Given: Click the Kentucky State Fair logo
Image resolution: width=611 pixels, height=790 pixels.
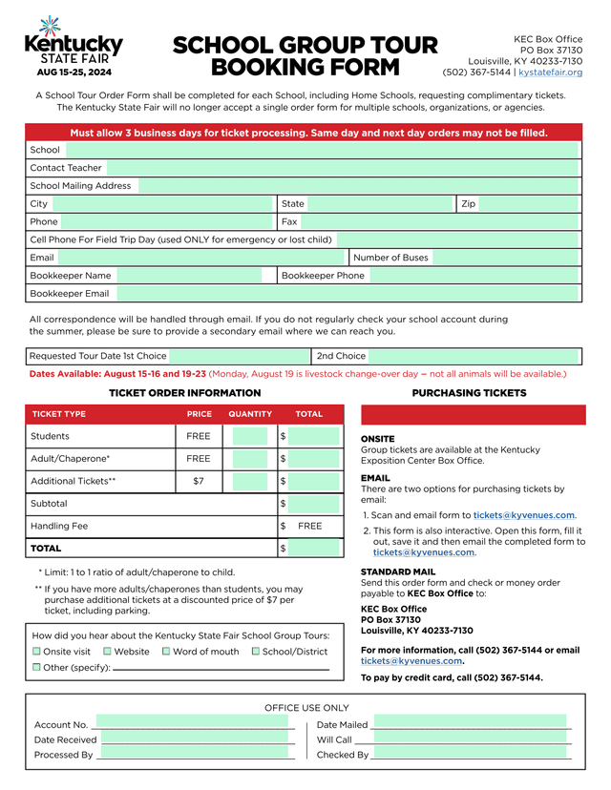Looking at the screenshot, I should [73, 47].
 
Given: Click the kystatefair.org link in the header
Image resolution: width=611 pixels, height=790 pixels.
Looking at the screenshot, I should [550, 73].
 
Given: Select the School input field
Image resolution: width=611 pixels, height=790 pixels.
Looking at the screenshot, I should [322, 150].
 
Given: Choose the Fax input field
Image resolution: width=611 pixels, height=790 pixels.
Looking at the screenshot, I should [440, 222].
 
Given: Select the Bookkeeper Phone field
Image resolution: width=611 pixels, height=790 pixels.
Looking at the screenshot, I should [474, 276].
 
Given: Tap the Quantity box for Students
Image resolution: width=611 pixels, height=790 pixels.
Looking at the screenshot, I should [250, 436].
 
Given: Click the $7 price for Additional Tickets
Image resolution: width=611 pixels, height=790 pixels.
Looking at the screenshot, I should [199, 481].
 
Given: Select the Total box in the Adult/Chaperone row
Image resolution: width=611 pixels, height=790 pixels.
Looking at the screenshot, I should [314, 459].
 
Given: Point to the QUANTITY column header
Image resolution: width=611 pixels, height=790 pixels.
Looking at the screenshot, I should [250, 414].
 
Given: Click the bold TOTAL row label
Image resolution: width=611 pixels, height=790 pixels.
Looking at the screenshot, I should [46, 549].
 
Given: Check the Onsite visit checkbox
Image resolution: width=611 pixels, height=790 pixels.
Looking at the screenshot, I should [36, 652].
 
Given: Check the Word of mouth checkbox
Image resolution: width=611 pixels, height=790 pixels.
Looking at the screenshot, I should [166, 652].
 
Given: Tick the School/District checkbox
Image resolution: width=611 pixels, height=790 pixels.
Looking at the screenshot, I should [255, 652].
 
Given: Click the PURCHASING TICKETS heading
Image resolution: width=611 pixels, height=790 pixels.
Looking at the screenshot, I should [469, 393].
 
